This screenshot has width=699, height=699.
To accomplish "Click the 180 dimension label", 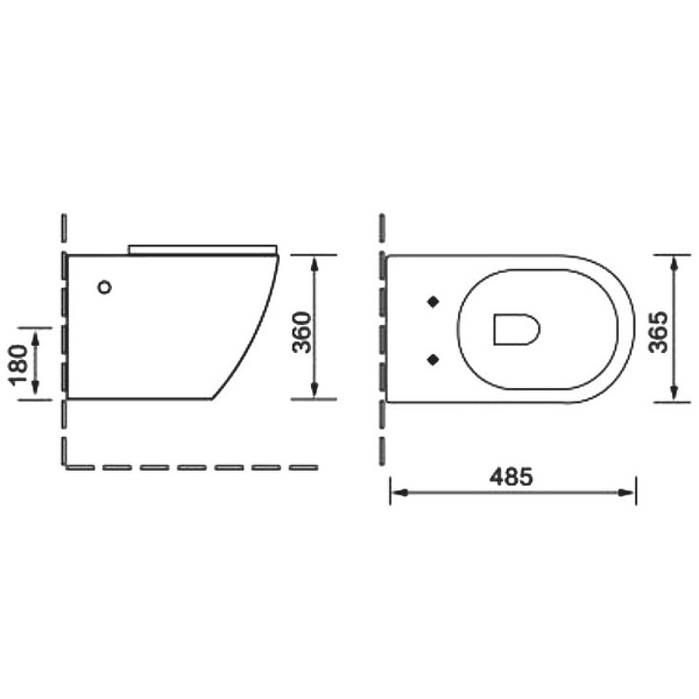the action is coord(18,364).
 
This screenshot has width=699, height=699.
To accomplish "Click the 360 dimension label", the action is coord(301,332).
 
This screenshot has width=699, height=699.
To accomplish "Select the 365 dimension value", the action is coord(659,332).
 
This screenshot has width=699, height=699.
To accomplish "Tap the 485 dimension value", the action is coord(511,477).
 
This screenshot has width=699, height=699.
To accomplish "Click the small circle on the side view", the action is coord(104,287).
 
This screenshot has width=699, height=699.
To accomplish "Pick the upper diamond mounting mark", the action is coord(433,301).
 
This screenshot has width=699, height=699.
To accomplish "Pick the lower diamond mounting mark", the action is coord(433,359).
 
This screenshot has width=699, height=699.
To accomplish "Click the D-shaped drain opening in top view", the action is coord(516,329).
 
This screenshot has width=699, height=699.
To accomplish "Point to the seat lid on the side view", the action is coord(203,249).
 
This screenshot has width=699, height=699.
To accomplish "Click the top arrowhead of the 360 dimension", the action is coord(315,263).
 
